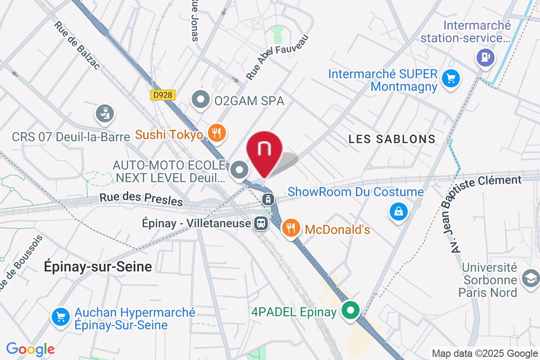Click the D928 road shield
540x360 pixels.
tap(162, 95)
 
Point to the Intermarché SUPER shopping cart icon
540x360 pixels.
tap(450, 78)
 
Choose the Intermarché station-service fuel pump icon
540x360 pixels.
tap(485, 58)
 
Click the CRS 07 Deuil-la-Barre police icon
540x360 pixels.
tap(104, 113)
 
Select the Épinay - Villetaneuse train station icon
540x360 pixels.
tap(260, 222)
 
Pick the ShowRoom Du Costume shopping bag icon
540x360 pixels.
tap(398, 211)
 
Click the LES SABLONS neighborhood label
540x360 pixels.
tap(392, 139)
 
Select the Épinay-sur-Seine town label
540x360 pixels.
tap(98, 266)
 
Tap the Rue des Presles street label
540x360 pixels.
tap(141, 199)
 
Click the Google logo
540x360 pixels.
tap(30, 349)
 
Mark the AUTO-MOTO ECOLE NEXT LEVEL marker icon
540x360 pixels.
tap(239, 171)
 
